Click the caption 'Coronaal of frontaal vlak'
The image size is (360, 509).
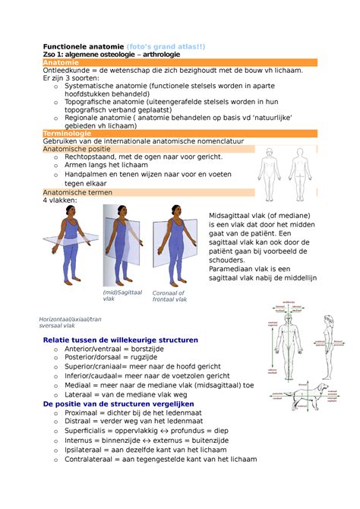click(169, 296)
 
